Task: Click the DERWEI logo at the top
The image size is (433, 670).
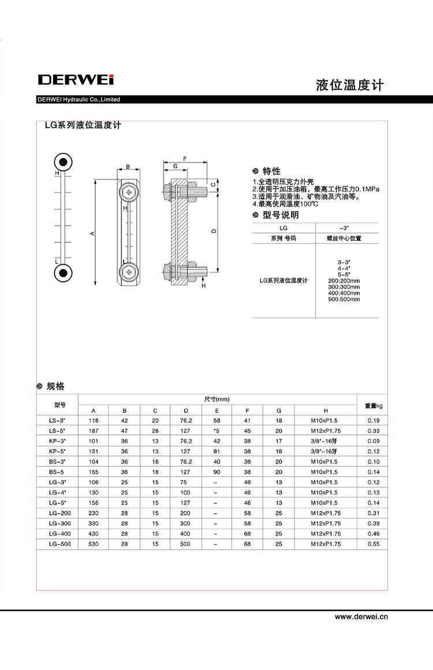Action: pos(75,80)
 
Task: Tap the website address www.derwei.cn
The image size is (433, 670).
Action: pos(361,616)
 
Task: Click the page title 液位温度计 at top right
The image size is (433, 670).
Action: pos(349,85)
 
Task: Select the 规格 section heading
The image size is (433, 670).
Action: pos(55,386)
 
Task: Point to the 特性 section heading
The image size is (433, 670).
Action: pos(271,171)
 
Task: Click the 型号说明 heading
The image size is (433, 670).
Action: pos(281,215)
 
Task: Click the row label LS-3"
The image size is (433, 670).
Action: pos(57,420)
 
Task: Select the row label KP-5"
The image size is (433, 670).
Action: pos(57,451)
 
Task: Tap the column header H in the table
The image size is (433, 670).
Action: pos(326,410)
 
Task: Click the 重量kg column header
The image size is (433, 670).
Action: pos(373,405)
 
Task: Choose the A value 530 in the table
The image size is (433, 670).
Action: pos(94,544)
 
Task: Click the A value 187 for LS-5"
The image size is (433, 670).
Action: pos(94,431)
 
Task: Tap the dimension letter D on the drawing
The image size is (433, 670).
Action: pos(213,231)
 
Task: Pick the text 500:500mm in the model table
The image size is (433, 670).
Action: pos(344,299)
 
